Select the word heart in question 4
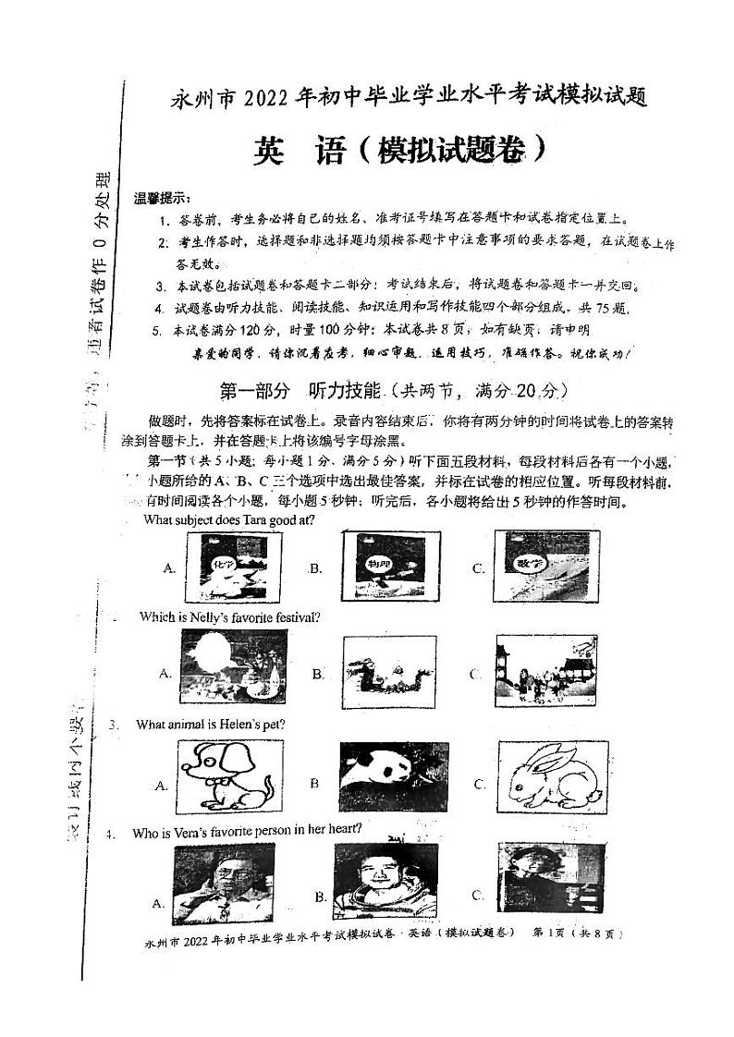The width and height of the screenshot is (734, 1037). point(341,832)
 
